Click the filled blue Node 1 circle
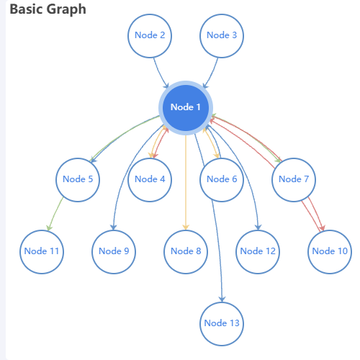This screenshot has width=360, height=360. [x=186, y=108]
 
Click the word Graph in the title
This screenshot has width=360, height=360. [x=66, y=10]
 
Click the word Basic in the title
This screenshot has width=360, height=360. [x=27, y=9]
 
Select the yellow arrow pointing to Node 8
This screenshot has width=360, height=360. [x=186, y=182]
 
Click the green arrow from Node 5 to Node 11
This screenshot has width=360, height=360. [x=55, y=213]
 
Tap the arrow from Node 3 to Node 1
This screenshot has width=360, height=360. [x=212, y=73]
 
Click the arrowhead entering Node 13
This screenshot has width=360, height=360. [x=222, y=299]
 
